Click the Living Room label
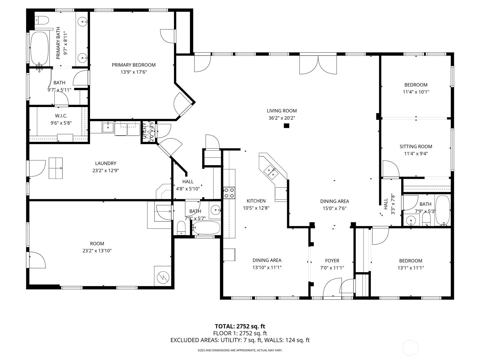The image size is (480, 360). pos(282,111)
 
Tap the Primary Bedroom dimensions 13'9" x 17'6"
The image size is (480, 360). pos(133,72)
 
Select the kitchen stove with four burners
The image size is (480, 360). pos(229,193)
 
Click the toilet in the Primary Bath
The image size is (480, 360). pos(42,20)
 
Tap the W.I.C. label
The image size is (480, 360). pos(61,116)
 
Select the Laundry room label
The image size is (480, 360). pos(106,163)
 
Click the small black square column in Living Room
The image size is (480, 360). pos(286,126)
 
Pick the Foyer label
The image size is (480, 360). pos(332,261)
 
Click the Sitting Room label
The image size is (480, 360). pos(416,147)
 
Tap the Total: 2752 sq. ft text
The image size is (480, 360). pos(240,326)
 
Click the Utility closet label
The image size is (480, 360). pos(145,132)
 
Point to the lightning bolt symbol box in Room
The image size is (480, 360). pos(162,276)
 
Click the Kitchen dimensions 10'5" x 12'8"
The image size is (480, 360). pos(256,208)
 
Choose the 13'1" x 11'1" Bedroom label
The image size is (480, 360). pos(410,261)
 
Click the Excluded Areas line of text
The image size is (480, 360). pos(240,340)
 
